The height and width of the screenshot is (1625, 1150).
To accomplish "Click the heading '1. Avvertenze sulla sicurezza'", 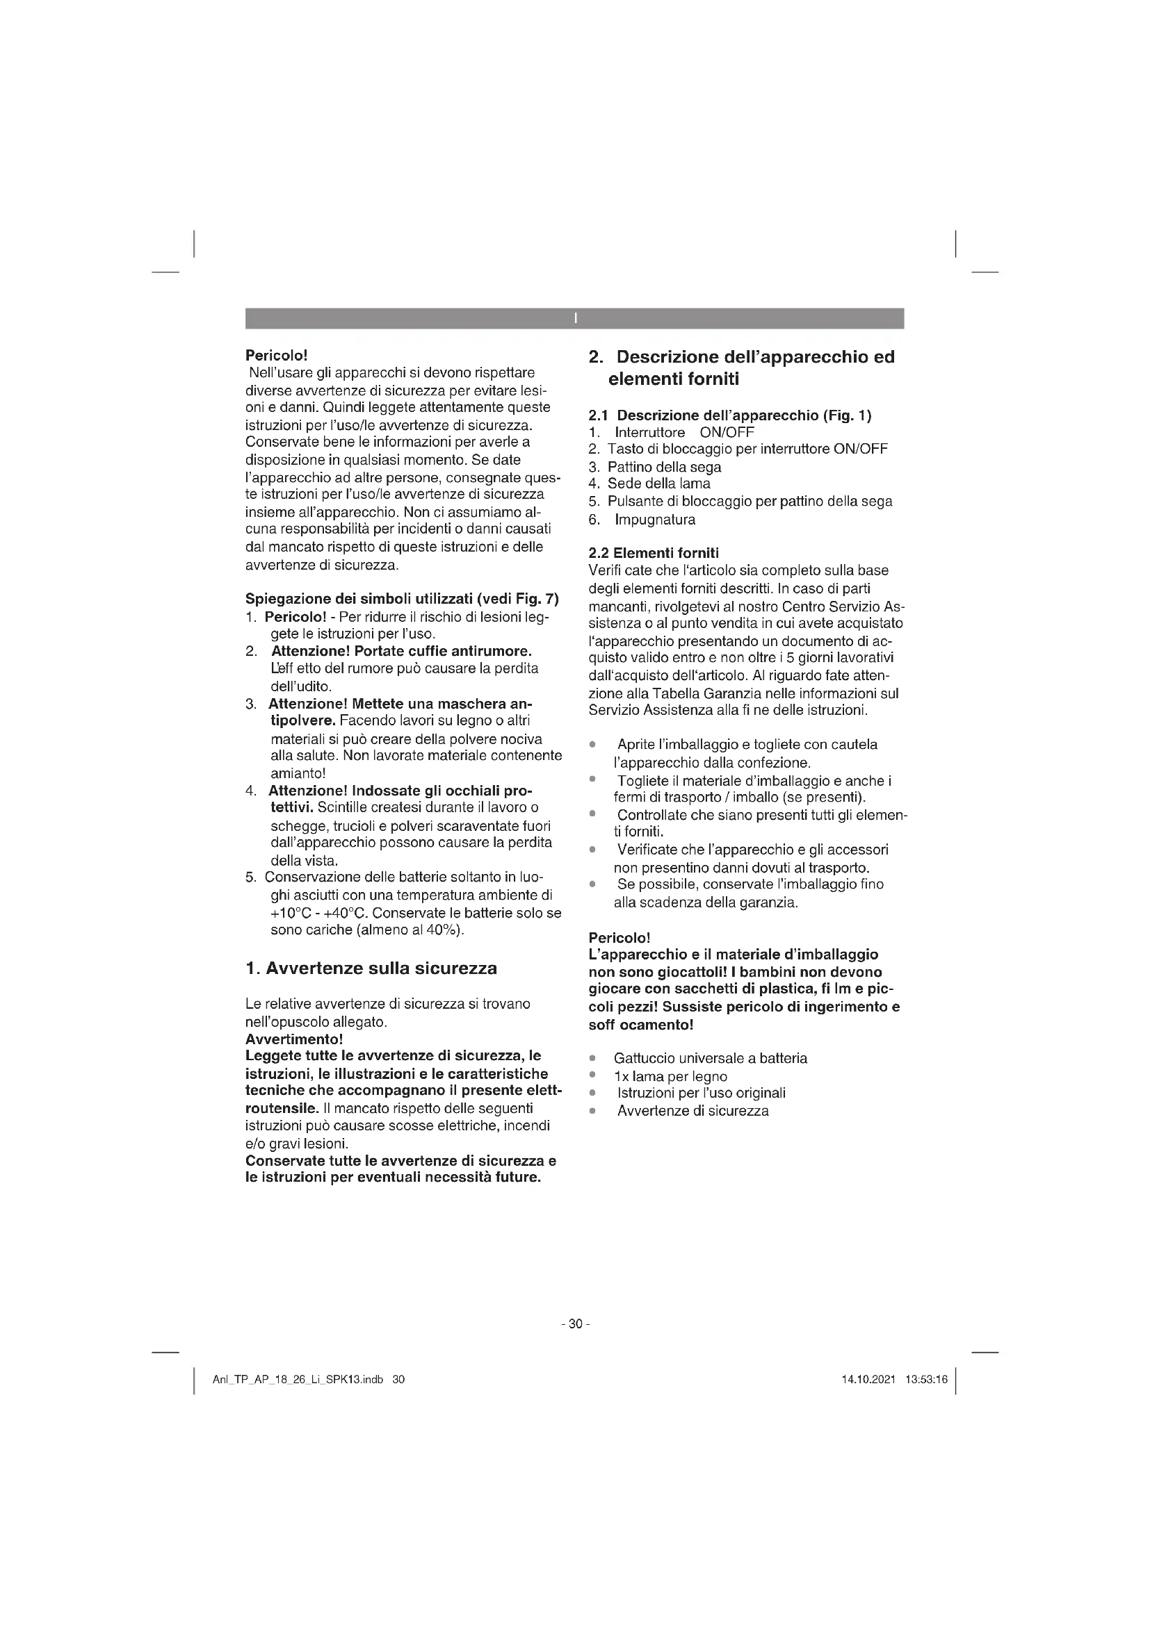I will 371,968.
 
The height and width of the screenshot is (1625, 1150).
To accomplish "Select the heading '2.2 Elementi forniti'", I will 653,553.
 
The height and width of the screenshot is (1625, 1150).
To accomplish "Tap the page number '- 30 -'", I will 575,1324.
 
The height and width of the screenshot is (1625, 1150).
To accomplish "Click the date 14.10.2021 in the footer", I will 868,1380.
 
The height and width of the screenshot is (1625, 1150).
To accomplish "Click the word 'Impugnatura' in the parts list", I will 654,520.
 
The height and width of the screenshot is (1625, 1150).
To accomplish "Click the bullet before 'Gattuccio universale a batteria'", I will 592,1059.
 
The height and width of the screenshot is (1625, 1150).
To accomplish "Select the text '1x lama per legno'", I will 670,1076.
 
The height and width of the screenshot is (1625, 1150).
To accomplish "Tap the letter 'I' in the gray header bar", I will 575,318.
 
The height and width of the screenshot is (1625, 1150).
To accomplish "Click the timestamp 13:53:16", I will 925,1380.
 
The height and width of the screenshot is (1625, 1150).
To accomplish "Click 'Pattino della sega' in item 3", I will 664,466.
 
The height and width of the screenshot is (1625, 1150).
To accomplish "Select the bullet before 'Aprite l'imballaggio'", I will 592,745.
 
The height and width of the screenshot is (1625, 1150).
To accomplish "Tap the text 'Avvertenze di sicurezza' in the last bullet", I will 693,1111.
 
